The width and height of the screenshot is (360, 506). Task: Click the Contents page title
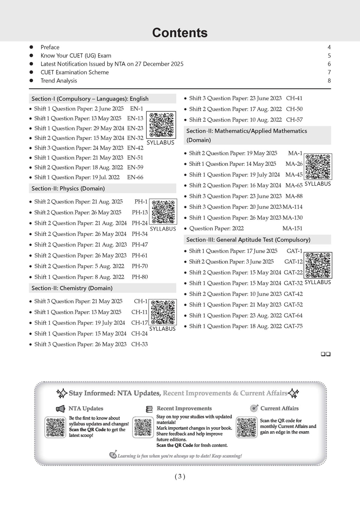180,33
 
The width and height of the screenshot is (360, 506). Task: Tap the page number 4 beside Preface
329,47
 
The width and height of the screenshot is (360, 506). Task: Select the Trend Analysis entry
59,80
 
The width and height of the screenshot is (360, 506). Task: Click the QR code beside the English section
161,125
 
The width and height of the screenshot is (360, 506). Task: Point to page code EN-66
135,177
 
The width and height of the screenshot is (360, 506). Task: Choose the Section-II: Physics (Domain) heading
68,188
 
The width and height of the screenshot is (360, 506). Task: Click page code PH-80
140,277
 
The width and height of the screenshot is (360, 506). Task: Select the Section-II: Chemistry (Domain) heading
72,288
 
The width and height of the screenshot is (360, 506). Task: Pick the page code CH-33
139,344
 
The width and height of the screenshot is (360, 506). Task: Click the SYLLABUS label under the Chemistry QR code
162,329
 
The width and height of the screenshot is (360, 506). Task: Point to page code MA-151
292,228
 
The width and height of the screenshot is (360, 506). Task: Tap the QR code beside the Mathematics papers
318,167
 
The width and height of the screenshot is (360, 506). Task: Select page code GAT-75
293,326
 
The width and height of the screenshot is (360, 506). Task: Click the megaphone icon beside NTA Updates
60,409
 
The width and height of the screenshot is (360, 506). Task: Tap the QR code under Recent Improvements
143,427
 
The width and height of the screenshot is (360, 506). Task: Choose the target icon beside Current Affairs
254,408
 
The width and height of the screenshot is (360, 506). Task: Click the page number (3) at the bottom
180,476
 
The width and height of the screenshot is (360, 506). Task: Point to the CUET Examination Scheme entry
75,72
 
